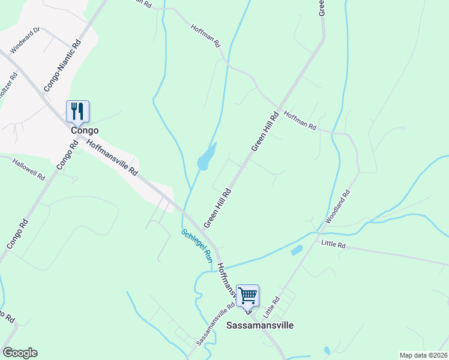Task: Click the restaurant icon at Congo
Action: (77, 111)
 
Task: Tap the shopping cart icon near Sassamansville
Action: (247, 295)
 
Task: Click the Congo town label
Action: (84, 130)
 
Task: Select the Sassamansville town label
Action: (260, 325)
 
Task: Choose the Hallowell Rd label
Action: (29, 170)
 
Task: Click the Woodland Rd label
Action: (337, 208)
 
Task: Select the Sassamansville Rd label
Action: (214, 325)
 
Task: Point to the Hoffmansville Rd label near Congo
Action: (112, 158)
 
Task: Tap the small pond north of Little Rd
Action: (297, 250)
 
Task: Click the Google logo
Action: (19, 352)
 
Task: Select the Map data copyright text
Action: (423, 355)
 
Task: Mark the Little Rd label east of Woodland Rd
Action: (333, 244)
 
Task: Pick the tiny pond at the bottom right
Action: (327, 350)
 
